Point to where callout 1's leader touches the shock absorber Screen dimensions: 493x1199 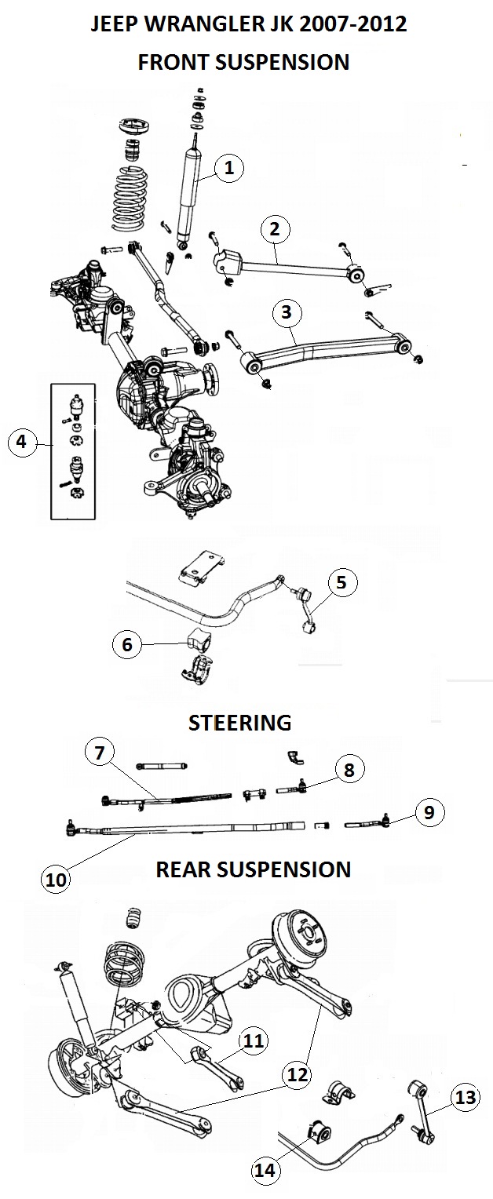(x=196, y=182)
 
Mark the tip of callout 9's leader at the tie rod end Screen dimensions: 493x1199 (x=388, y=822)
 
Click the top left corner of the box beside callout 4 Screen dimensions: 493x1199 (x=51, y=384)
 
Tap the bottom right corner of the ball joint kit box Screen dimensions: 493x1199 (x=95, y=519)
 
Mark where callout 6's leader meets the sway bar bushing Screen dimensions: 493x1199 (x=189, y=643)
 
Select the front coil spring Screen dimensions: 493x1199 (x=130, y=199)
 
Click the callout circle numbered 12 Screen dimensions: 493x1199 (x=298, y=1074)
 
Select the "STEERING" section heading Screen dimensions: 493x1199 (x=239, y=723)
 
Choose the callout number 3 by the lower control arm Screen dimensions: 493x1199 (x=287, y=312)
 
